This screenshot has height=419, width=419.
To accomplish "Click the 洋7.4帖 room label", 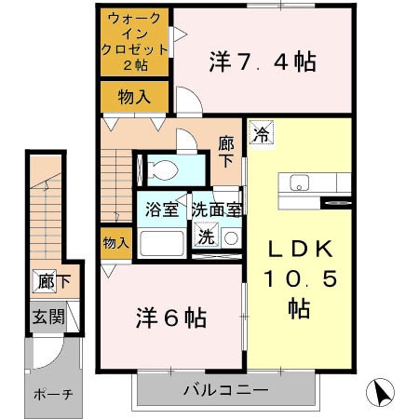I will (x=262, y=62).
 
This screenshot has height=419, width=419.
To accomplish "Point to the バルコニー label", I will (x=224, y=388).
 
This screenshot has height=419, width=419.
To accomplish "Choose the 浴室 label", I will (x=161, y=209).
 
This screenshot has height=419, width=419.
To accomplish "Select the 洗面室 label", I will (x=217, y=209).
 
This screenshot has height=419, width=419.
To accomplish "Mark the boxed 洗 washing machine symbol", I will (x=205, y=237).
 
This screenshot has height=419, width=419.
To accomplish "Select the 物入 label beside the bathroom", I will (x=115, y=243).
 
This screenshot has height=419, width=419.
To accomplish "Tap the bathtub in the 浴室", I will (x=161, y=244).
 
